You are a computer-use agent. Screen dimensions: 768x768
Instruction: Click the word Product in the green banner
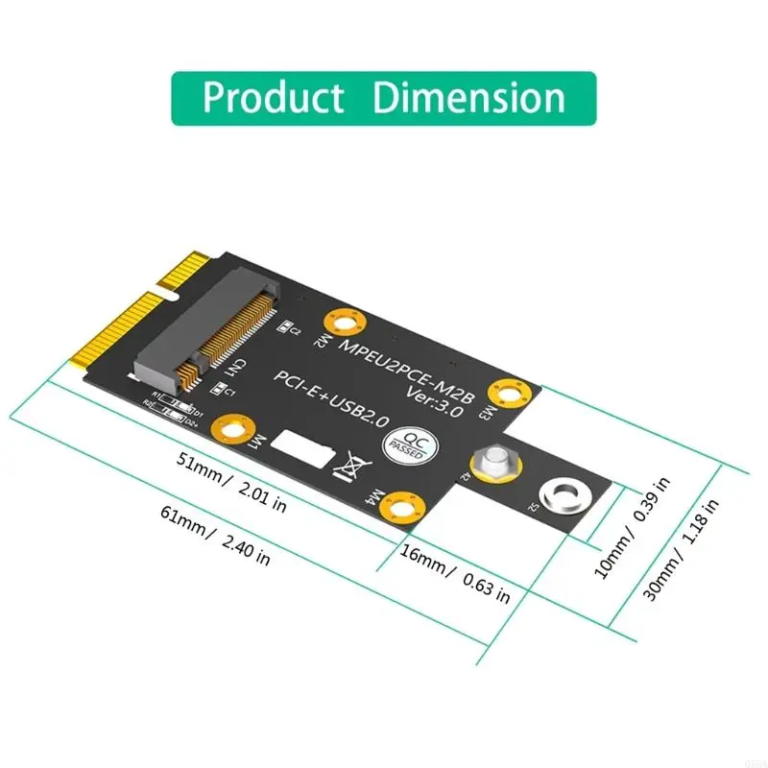(x=273, y=98)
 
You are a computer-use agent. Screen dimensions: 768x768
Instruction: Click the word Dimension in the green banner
(x=468, y=98)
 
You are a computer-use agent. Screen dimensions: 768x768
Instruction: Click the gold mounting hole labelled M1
(x=235, y=424)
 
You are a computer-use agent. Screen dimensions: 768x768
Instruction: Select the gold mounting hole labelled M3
(x=503, y=391)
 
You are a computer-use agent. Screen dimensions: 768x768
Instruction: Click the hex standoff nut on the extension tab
(x=492, y=463)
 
